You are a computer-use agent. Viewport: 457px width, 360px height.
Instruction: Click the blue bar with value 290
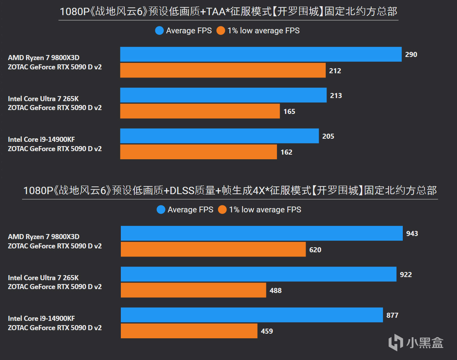[x=261, y=54]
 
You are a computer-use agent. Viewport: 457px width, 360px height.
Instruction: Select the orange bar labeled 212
[x=223, y=71]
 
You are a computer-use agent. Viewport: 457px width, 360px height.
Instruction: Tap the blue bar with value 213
[x=223, y=95]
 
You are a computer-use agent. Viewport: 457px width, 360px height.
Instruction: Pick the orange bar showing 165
[x=200, y=111]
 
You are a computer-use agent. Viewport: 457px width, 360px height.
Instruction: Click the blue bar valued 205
[x=219, y=136]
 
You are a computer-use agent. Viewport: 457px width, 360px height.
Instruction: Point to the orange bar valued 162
[x=198, y=152]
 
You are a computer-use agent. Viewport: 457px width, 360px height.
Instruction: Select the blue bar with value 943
[x=261, y=233]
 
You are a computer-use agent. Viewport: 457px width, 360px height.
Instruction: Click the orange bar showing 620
[x=213, y=250]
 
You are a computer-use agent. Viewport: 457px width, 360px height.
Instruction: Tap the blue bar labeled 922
[x=258, y=274]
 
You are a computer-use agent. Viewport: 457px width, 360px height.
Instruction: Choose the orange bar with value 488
[x=193, y=290]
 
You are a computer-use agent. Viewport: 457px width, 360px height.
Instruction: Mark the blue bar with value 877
[x=252, y=315]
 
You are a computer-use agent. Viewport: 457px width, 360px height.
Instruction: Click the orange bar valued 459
[x=189, y=331]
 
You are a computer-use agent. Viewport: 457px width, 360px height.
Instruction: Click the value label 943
[x=412, y=234]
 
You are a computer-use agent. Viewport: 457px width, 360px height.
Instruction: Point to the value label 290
[x=411, y=55]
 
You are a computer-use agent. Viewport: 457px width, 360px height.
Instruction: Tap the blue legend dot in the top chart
[x=159, y=31]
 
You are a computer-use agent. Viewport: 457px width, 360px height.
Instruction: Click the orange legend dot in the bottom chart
[x=222, y=210]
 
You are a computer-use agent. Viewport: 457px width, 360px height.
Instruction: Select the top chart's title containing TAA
[x=228, y=12]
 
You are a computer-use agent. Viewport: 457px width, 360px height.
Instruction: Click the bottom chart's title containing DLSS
[x=230, y=191]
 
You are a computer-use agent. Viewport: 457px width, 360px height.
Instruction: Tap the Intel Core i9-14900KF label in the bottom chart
[x=41, y=319]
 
